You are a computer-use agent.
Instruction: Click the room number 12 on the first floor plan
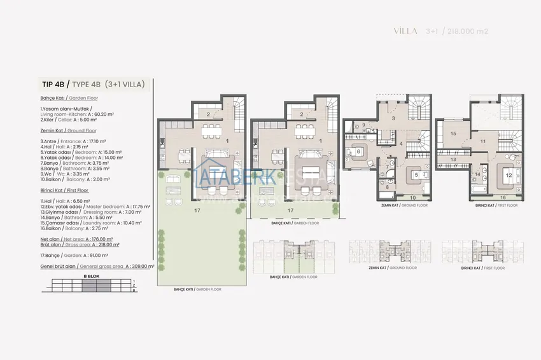[x=509, y=174]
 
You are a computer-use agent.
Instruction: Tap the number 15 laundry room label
[x=453, y=134]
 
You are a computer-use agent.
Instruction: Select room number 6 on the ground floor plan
[x=359, y=151]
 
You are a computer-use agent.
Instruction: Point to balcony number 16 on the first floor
[x=503, y=198]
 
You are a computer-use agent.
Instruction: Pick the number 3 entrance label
[x=393, y=118]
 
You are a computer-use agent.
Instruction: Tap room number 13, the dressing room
[x=454, y=159]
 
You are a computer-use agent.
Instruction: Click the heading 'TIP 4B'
[x=52, y=84]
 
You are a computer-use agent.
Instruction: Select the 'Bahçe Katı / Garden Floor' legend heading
[x=68, y=99]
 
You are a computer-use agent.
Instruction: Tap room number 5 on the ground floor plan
[x=416, y=174]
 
